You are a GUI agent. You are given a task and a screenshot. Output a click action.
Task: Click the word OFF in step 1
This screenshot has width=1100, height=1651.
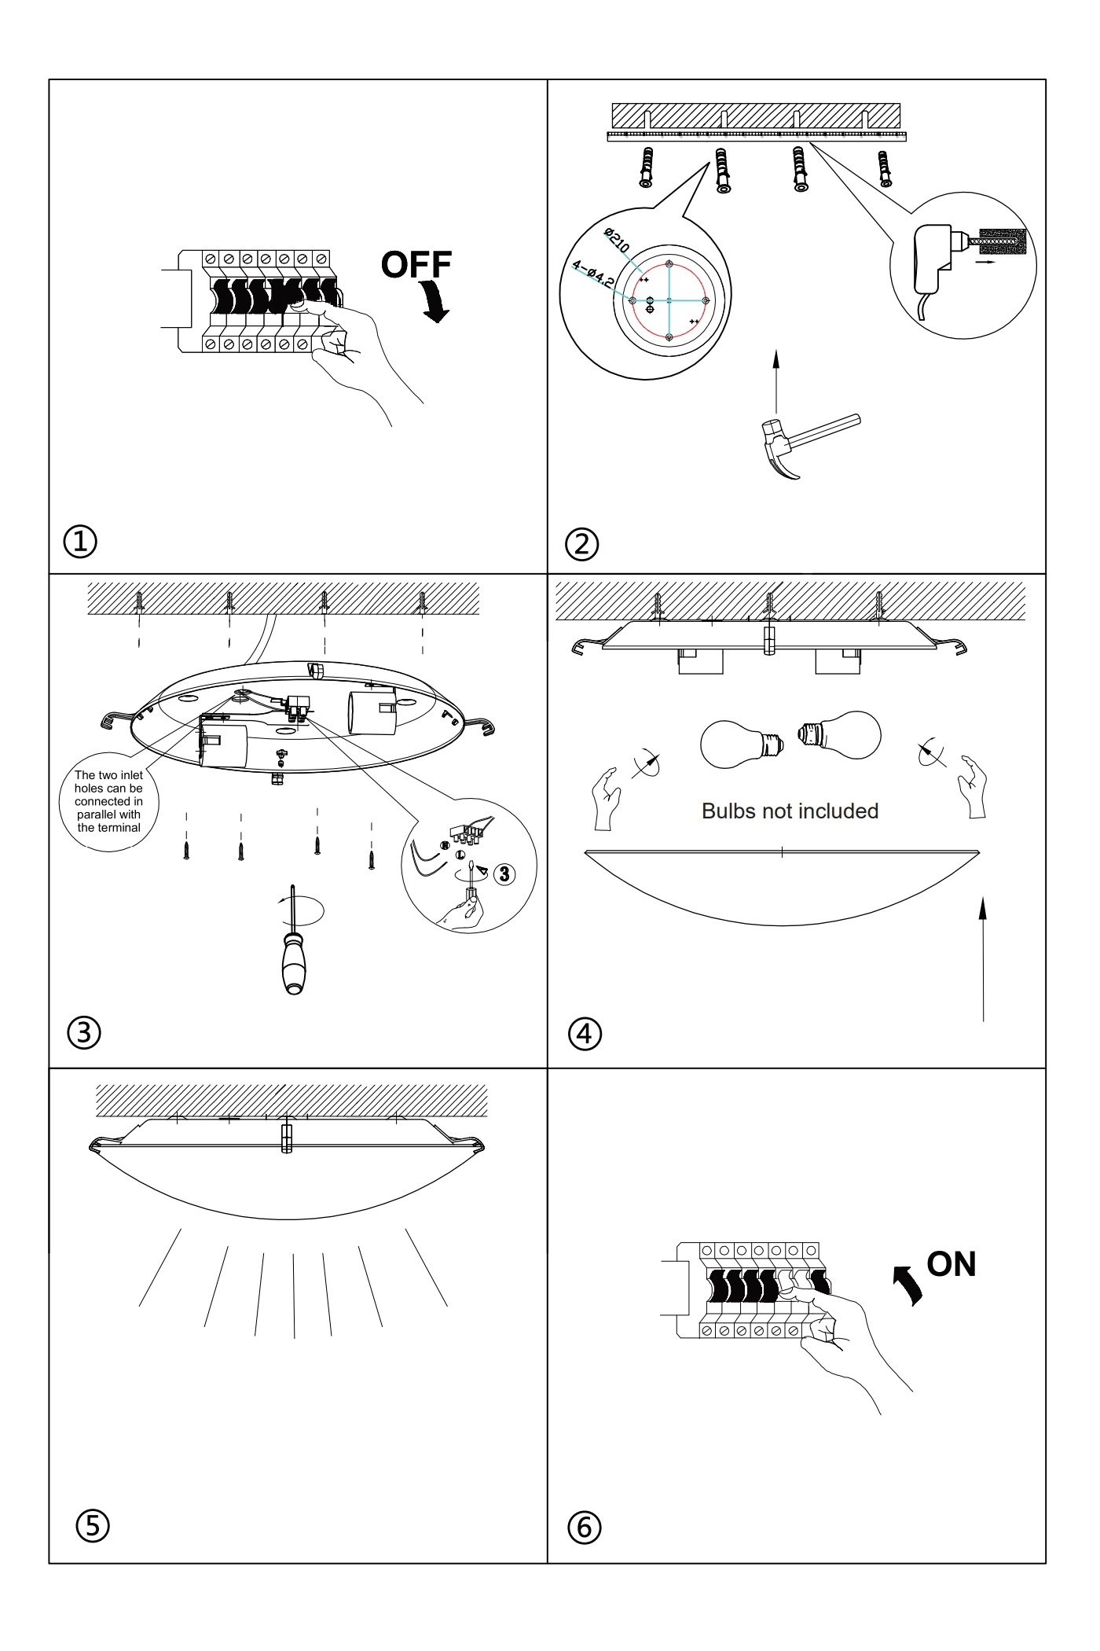click(x=416, y=265)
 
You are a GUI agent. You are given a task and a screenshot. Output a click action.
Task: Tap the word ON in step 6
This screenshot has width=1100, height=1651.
click(x=951, y=1263)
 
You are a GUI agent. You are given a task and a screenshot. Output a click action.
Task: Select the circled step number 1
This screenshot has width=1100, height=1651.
click(x=80, y=542)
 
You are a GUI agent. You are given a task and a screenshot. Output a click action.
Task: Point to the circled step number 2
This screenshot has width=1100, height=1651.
click(x=582, y=544)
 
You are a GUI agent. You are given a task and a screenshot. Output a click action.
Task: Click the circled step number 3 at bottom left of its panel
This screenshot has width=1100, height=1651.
click(x=84, y=1032)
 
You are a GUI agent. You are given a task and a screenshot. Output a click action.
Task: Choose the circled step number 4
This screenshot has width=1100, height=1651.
click(x=585, y=1033)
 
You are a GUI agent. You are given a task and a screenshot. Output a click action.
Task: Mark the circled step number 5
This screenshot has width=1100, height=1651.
click(x=93, y=1525)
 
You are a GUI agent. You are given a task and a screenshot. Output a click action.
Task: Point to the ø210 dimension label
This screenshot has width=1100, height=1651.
click(x=617, y=240)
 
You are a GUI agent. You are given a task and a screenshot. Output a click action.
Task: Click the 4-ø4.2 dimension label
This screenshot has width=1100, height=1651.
click(x=593, y=274)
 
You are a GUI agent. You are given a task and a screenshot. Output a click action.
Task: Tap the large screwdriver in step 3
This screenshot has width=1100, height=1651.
click(x=294, y=941)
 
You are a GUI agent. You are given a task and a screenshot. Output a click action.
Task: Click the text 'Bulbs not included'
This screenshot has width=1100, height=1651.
click(x=790, y=811)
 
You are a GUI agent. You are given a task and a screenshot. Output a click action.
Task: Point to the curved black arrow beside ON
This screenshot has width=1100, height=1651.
click(x=907, y=1286)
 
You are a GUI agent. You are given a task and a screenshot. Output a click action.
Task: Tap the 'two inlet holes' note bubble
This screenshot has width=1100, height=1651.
click(x=108, y=801)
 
